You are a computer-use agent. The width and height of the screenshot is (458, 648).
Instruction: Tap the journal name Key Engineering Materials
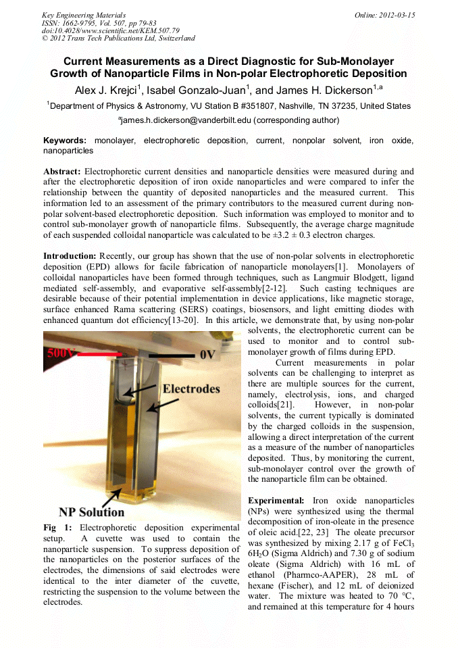point(83,15)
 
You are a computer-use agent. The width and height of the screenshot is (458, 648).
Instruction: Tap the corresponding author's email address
point(177,120)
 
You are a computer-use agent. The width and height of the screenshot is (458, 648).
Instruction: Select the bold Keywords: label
point(65,141)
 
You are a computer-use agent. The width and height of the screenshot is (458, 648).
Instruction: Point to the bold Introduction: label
point(70,256)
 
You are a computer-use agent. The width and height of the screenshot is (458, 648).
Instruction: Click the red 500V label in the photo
point(60,352)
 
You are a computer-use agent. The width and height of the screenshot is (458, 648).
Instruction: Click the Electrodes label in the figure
point(191,389)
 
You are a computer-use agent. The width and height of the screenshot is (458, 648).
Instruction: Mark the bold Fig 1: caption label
point(57,527)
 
